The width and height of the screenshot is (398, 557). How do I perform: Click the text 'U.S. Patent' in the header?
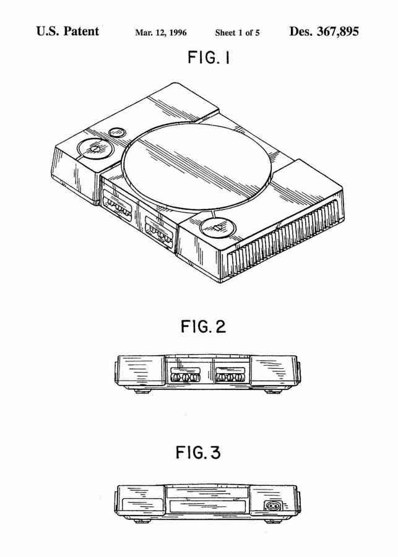pos(67,32)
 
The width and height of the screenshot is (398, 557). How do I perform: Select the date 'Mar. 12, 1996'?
pos(160,33)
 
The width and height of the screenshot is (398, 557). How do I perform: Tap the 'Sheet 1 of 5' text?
pos(237,33)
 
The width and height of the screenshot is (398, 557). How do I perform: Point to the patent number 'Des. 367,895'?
pos(324,32)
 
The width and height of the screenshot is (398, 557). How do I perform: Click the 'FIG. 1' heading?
pos(209,57)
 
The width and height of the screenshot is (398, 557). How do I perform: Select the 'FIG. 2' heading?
pos(203,326)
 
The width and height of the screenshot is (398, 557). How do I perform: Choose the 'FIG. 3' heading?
pos(198,452)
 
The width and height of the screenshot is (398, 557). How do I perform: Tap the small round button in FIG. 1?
pos(116,132)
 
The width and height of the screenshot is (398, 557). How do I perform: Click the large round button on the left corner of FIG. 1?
pos(95,149)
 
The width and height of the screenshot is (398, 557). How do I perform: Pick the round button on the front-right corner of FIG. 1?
pos(217,228)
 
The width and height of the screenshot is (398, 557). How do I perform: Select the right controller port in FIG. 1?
pos(159,231)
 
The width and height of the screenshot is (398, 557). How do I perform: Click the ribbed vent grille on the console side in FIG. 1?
pos(284,239)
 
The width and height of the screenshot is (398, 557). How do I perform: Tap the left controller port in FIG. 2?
pos(185,375)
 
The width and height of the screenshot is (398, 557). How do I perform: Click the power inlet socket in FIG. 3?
pos(274,506)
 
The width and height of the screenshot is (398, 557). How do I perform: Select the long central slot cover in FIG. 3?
pos(209,506)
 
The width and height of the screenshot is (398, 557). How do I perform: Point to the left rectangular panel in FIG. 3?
pos(142,504)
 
